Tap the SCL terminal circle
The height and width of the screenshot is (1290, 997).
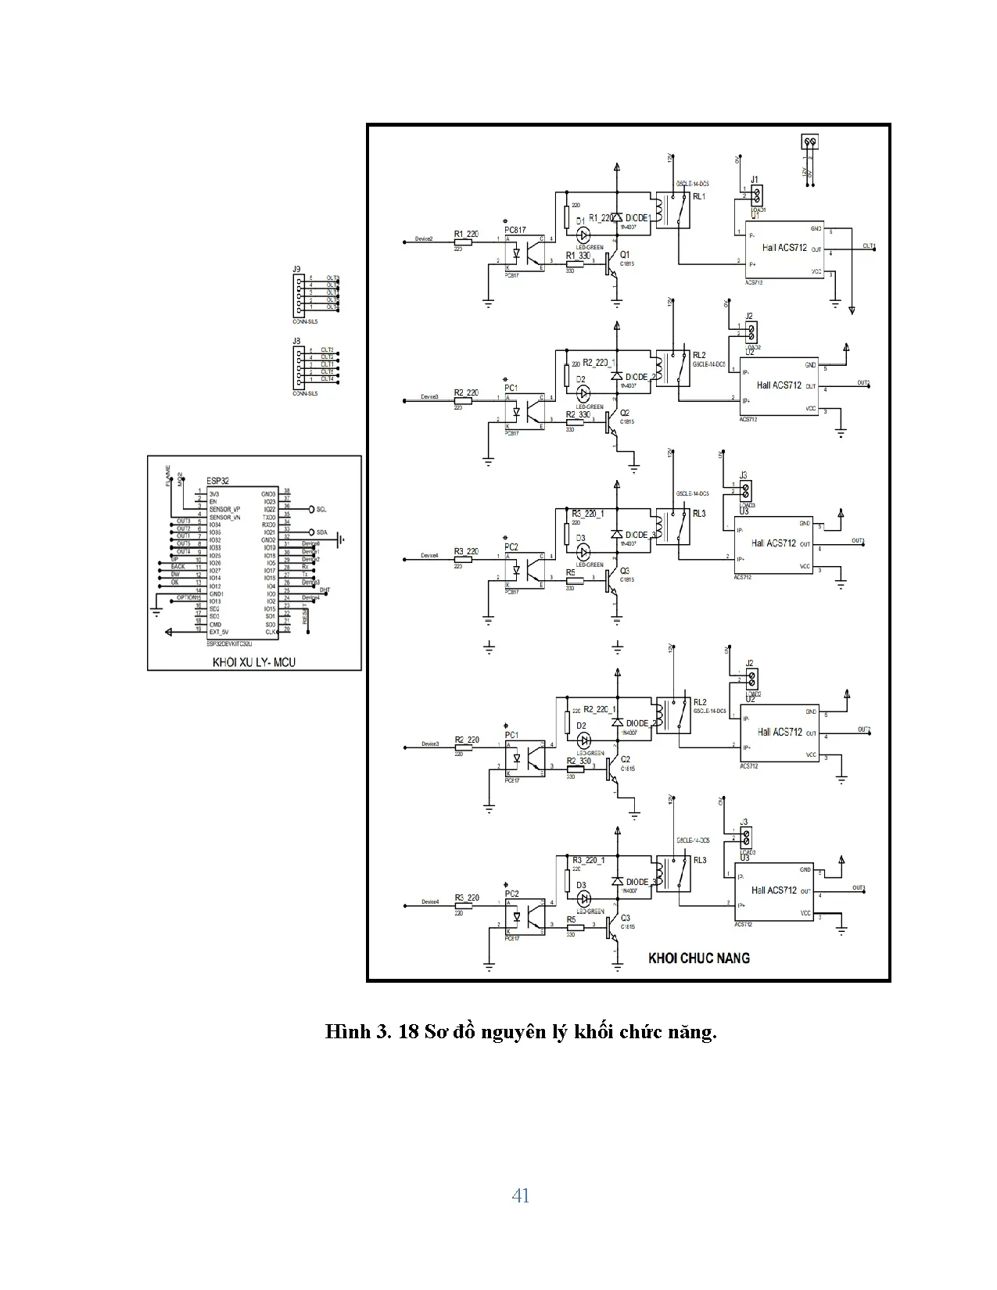311,509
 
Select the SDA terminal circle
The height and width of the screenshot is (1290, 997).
311,532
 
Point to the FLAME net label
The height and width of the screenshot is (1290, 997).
168,475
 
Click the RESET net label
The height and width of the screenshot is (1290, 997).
306,615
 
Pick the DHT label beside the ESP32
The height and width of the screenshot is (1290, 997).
325,589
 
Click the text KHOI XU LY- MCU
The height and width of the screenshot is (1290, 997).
254,662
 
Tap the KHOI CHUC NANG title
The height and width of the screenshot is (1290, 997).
698,958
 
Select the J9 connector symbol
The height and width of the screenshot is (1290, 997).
300,293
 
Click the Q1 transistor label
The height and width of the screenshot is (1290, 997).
624,255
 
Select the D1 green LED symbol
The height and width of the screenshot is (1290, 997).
583,235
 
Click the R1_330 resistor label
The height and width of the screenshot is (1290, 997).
578,256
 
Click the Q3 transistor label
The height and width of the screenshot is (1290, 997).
624,572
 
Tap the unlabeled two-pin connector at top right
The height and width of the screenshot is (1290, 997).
809,142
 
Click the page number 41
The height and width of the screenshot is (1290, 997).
520,1195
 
